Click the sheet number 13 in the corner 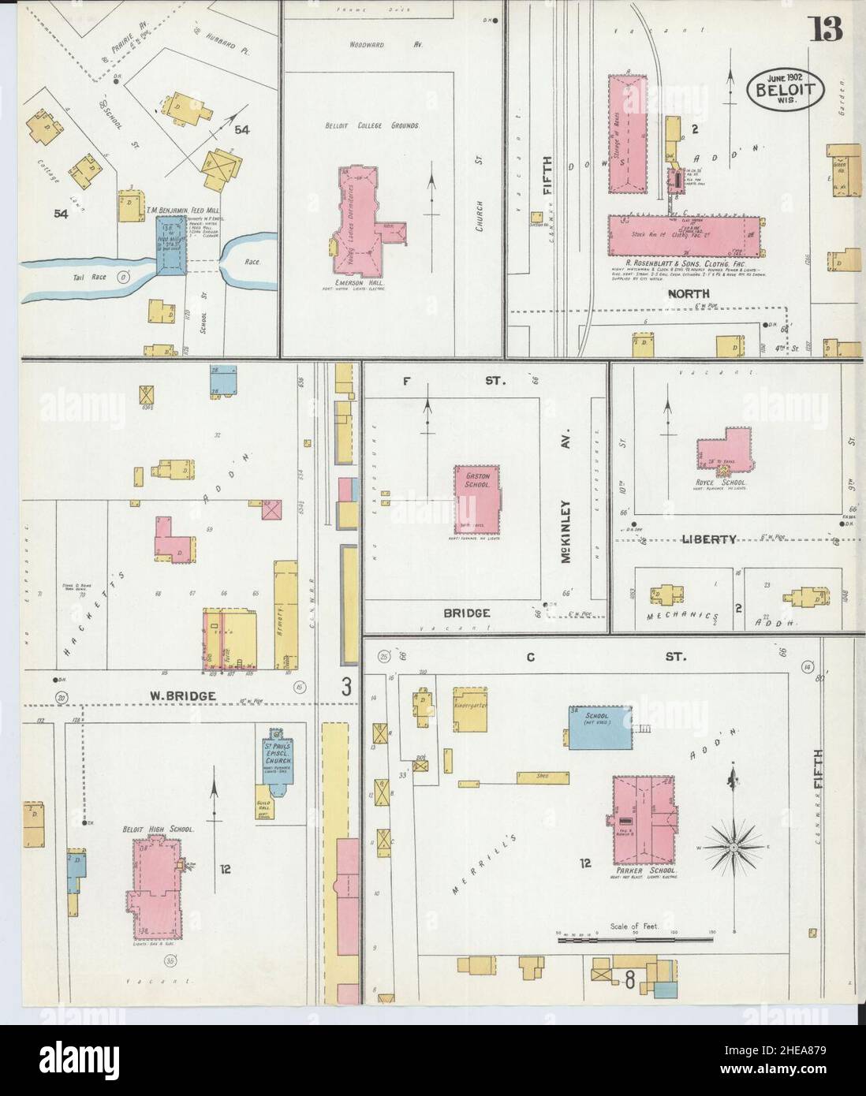click(825, 28)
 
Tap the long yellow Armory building click(285, 606)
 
